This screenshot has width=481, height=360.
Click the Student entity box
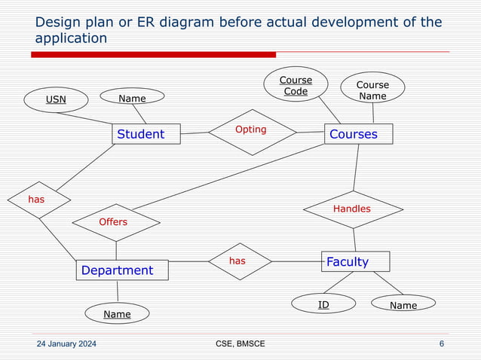146,134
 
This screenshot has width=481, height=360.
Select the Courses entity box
358,134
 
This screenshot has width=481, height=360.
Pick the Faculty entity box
355,261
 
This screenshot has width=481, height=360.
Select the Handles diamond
352,209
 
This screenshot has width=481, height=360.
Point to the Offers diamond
115,222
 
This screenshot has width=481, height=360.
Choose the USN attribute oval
56,99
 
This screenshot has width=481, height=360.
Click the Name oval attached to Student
133,98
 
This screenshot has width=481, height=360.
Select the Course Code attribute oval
296,85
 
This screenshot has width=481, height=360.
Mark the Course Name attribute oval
372,90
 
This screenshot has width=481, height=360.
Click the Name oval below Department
117,313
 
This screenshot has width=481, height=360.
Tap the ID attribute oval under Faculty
323,304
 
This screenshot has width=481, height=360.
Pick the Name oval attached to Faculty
404,304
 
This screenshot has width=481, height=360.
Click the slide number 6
441,344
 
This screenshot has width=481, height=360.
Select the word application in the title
72,38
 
